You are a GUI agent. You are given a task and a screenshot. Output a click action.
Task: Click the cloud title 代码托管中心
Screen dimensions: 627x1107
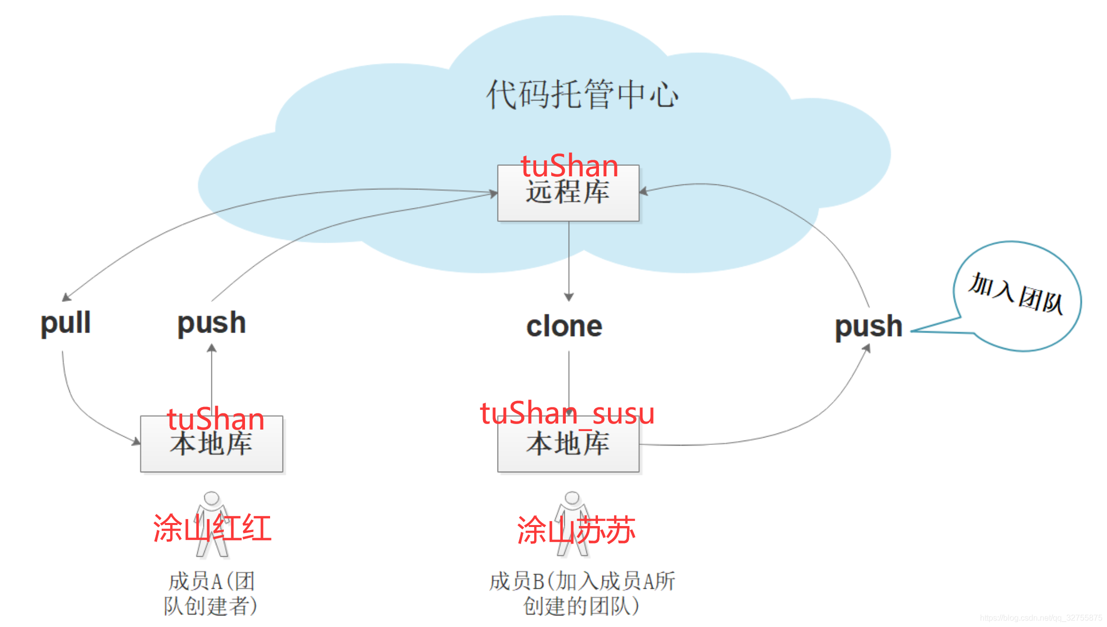pos(582,94)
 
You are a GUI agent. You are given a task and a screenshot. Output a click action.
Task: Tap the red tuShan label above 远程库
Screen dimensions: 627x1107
pos(569,166)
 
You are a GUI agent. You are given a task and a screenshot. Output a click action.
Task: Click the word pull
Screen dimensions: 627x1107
pos(65,323)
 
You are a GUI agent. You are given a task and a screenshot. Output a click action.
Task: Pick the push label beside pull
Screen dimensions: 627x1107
pos(211,323)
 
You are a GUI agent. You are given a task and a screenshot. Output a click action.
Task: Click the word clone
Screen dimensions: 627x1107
pos(564,327)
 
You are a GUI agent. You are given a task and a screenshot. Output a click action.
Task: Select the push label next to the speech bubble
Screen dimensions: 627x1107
pos(869,327)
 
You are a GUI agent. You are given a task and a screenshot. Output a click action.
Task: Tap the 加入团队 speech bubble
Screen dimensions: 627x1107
pos(1017,295)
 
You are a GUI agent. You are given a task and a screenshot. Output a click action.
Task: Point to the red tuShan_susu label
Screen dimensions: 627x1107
pos(567,413)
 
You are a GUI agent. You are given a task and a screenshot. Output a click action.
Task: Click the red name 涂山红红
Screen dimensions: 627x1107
pos(212,528)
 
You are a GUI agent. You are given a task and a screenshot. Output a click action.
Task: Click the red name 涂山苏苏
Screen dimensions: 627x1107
pos(576,530)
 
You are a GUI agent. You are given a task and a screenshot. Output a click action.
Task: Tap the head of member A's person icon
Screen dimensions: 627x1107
pos(211,498)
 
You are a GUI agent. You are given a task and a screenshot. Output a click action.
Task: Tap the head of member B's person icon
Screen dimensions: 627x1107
pos(572,497)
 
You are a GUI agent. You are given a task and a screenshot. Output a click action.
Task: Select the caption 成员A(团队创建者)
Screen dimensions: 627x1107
pos(210,594)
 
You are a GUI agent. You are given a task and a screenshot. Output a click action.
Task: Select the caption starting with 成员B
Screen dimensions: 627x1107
pos(582,594)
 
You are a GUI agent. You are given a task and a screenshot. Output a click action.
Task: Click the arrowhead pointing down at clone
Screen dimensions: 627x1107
pos(569,297)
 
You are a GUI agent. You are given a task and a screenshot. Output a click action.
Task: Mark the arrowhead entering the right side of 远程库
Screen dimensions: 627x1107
pos(644,191)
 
